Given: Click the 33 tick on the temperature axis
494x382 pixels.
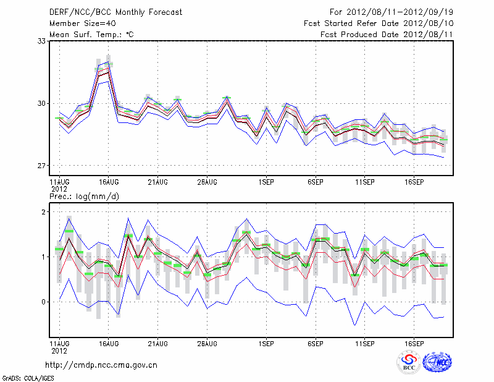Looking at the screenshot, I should coord(41,41).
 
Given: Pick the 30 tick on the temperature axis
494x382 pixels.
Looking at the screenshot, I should coord(41,103).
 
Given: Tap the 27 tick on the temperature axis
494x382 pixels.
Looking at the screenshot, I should coord(41,166).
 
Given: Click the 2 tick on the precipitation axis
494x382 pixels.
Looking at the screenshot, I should coord(43,212).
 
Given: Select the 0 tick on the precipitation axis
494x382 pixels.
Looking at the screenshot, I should coord(43,302).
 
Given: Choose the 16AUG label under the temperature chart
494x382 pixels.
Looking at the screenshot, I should coord(108,182).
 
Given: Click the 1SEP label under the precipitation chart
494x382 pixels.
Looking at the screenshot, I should coord(266,342).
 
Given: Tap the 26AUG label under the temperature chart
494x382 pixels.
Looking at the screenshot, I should coord(207,182).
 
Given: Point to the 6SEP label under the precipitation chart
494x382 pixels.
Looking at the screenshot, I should coord(316,342).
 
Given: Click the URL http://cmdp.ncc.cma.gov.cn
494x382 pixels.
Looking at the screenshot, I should coord(101,365).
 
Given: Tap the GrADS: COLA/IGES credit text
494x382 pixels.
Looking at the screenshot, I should coord(24,377).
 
